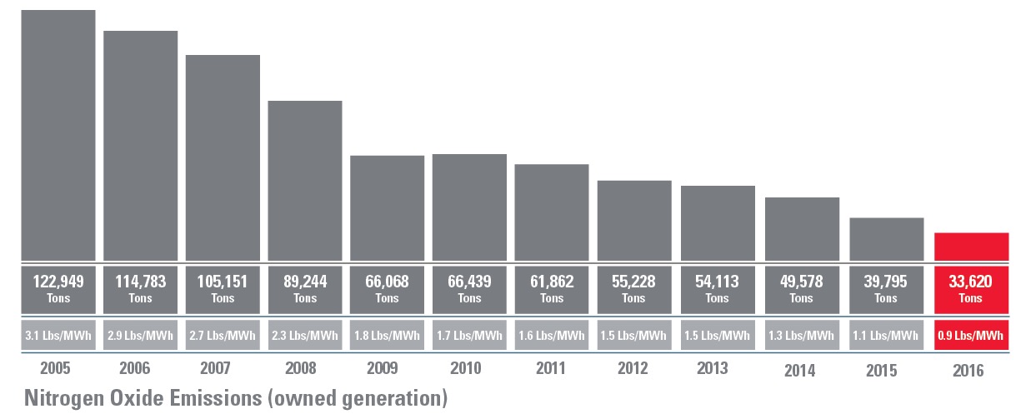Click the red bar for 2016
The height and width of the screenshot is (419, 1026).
click(971, 247)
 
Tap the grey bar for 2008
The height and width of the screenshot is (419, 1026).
click(305, 180)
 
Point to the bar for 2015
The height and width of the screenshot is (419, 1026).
click(887, 239)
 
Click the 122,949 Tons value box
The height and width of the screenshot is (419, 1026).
click(58, 288)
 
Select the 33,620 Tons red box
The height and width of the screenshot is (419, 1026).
click(971, 288)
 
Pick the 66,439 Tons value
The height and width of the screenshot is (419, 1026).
click(469, 288)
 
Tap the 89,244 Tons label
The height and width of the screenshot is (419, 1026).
click(305, 288)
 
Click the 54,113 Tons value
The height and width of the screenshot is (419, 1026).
click(718, 288)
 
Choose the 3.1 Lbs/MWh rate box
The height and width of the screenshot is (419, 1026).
click(58, 336)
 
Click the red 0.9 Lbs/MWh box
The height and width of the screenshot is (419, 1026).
click(971, 336)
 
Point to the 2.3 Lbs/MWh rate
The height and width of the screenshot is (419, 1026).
click(305, 336)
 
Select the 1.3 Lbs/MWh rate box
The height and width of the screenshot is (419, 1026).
click(801, 336)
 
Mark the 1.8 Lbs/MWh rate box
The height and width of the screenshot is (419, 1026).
click(387, 336)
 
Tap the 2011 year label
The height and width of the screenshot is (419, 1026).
click(550, 367)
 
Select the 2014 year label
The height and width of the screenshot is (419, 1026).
click(799, 370)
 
